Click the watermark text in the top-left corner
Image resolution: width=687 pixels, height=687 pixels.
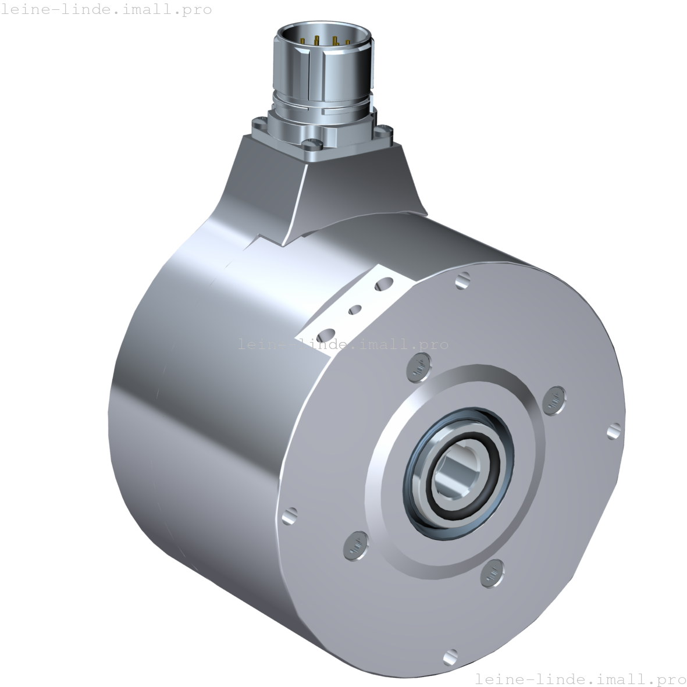point(106,9)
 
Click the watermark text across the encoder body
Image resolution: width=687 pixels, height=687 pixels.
point(343,344)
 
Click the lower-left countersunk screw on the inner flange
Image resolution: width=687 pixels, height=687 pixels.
point(355,544)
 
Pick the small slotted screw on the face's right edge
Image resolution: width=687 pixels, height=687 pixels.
point(614,431)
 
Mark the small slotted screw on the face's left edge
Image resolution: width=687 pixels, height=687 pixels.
point(289,515)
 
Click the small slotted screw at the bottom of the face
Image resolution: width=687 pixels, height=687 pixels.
point(450,658)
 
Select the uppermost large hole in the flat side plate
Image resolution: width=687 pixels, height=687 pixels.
point(385,284)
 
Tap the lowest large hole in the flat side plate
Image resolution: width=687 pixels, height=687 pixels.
point(327,335)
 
